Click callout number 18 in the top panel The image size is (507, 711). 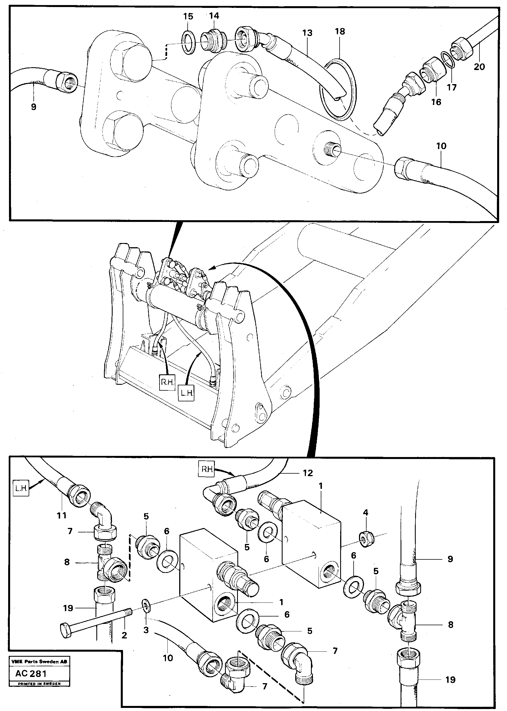[340, 31]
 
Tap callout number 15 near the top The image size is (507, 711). [188, 17]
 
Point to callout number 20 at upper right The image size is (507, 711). [479, 67]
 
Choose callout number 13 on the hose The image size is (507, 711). [307, 33]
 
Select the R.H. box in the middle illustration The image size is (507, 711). [167, 382]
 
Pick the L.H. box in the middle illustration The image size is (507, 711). [187, 393]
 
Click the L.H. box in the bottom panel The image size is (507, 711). [21, 489]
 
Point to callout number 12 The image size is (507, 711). [308, 473]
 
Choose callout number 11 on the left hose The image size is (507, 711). [62, 516]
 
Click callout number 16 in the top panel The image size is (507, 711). [436, 102]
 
